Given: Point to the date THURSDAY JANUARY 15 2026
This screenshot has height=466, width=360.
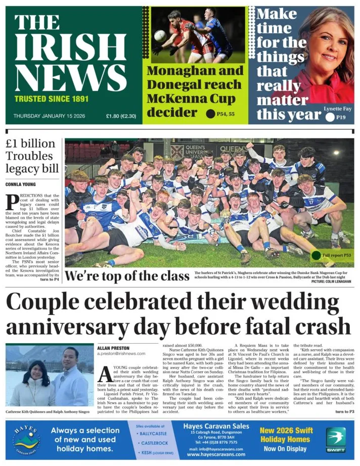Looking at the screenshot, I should (49, 116).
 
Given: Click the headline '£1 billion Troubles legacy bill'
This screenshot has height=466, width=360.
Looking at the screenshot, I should (31, 156).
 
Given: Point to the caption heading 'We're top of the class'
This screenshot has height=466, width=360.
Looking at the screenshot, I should (126, 276).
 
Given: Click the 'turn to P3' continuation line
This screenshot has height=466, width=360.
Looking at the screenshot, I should (344, 412).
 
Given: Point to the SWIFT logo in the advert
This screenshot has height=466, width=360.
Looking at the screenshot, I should (336, 439).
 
